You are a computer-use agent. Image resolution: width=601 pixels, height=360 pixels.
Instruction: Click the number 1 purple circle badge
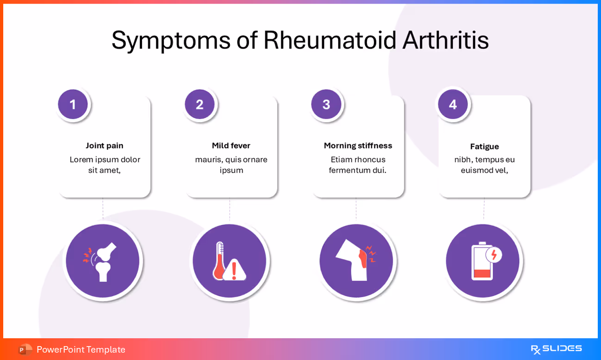(x=73, y=104)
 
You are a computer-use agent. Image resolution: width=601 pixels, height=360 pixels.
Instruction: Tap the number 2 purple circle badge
(x=199, y=104)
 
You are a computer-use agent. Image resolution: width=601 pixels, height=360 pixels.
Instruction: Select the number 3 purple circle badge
(x=326, y=104)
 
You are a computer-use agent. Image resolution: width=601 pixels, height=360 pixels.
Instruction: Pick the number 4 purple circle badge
(x=453, y=104)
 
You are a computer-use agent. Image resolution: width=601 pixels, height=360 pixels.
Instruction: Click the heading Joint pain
(x=105, y=145)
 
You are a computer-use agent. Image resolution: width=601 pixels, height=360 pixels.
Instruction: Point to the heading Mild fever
(x=231, y=145)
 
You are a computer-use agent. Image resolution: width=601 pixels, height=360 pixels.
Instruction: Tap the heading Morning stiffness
(x=358, y=145)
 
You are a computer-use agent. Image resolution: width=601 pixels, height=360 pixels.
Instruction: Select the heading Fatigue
(x=484, y=146)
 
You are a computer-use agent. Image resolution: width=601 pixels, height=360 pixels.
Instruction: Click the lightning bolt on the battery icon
(x=494, y=254)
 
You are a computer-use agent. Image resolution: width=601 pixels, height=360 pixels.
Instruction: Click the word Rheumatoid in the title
(x=329, y=40)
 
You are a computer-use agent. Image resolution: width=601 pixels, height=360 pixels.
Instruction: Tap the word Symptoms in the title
(x=171, y=40)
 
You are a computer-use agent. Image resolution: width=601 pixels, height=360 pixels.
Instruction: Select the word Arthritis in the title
(x=445, y=40)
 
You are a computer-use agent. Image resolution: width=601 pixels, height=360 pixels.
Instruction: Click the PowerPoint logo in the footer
(x=25, y=349)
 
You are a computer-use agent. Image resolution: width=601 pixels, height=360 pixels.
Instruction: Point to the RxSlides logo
(x=556, y=349)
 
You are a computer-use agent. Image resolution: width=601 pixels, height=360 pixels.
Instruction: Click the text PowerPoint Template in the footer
(x=81, y=349)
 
